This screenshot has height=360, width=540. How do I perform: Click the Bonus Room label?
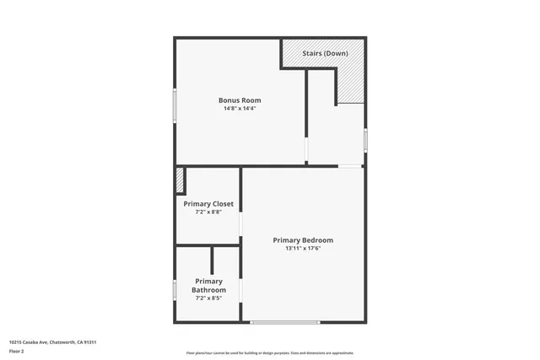point(240,100)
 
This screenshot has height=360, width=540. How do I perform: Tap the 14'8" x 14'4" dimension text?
point(240,109)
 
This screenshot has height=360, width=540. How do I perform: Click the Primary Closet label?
point(208,203)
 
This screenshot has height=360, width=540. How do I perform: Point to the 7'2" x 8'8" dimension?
point(208,212)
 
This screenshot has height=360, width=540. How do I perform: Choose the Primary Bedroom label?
point(303,240)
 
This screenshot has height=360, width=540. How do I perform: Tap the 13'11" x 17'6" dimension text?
point(303,249)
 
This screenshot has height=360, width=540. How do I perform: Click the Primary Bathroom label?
point(208,285)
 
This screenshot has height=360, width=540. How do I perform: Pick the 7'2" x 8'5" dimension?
point(208,298)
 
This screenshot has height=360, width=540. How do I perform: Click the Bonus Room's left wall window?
point(175,108)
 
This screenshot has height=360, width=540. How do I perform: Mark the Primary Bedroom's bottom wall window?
point(284,321)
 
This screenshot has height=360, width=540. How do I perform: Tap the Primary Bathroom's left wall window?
point(175,289)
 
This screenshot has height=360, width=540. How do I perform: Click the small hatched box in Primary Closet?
point(180,180)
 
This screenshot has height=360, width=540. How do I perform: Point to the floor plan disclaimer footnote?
point(269,353)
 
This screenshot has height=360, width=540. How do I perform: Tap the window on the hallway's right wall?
point(364,138)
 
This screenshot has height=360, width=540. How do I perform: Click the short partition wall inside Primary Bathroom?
point(212,261)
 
